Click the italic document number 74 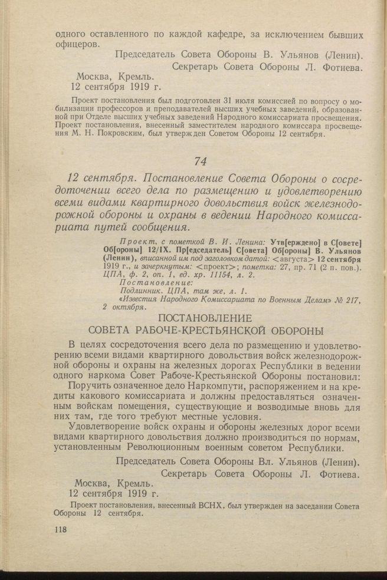[202, 160]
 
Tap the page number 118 [60, 529]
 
